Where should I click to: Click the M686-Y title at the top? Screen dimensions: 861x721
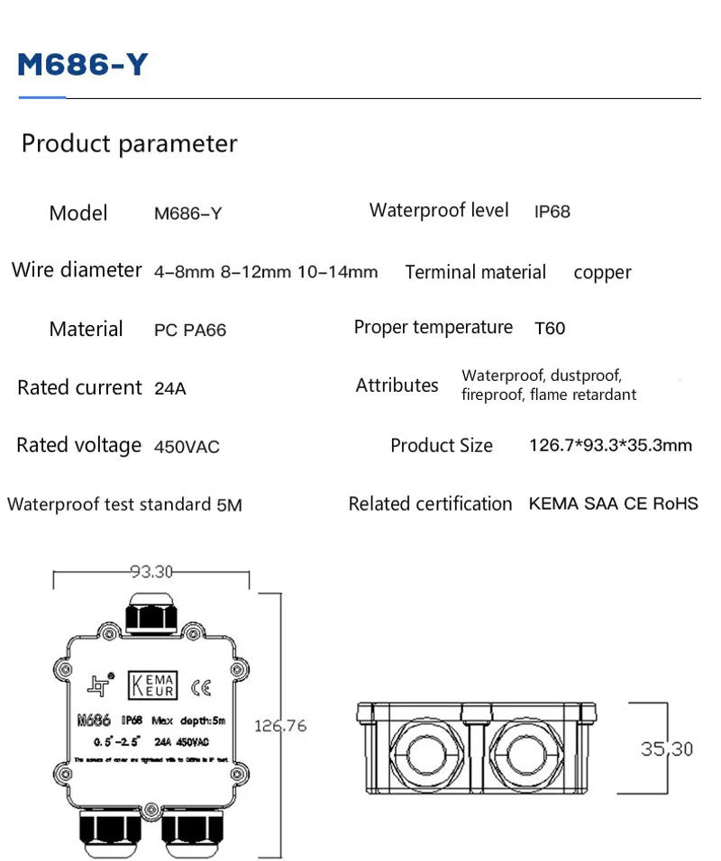click(83, 65)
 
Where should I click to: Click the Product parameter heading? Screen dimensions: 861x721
click(129, 144)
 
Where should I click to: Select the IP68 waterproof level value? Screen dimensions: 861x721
click(552, 213)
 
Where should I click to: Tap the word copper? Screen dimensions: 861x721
click(602, 273)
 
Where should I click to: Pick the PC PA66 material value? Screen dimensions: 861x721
click(190, 331)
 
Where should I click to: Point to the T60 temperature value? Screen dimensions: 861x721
click(550, 329)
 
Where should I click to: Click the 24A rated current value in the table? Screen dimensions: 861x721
click(170, 389)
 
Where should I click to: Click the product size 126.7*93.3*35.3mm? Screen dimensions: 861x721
click(610, 446)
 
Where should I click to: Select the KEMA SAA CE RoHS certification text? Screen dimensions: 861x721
click(613, 504)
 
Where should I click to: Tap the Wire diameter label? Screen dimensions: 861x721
click(77, 270)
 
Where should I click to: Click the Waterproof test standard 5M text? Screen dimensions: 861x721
click(124, 505)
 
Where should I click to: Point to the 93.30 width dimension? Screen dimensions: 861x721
click(151, 571)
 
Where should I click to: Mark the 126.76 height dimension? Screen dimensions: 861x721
click(280, 725)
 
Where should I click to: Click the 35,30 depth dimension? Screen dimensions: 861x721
click(667, 748)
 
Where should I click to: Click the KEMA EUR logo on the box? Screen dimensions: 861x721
click(154, 686)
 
